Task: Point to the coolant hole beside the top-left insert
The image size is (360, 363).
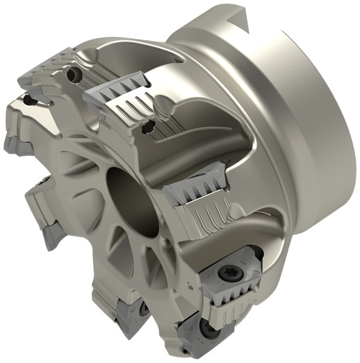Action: [74, 75]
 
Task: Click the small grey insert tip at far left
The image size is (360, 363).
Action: [15, 145]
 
